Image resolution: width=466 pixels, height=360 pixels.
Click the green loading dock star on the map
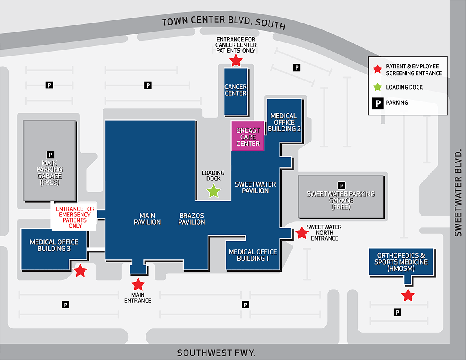click(213, 191)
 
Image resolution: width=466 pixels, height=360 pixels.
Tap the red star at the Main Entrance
click(138, 284)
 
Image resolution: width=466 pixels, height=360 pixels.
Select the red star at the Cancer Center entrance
click(236, 61)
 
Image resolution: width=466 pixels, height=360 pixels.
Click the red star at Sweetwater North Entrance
click(302, 233)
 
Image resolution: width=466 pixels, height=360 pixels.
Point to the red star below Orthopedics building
click(408, 295)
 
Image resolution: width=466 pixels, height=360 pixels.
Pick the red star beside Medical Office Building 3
click(80, 271)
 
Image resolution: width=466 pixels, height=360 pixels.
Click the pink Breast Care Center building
click(248, 136)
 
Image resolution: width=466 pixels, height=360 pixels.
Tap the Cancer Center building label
click(236, 90)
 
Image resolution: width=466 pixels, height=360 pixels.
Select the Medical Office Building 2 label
click(284, 122)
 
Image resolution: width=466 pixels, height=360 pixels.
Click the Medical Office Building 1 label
click(253, 255)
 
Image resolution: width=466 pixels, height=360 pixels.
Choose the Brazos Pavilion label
click(192, 219)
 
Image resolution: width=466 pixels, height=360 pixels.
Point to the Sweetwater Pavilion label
click(255, 187)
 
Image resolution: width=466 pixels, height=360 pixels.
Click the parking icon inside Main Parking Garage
click(50, 155)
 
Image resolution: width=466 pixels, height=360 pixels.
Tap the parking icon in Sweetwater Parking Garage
click(341, 186)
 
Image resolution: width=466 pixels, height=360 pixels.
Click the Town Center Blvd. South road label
click(224, 22)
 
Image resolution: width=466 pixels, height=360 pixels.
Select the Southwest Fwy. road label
click(216, 353)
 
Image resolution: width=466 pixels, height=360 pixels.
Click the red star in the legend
click(377, 69)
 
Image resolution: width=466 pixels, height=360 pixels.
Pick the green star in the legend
click(377, 87)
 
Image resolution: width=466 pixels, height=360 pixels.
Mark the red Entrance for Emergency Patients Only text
click(75, 218)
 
